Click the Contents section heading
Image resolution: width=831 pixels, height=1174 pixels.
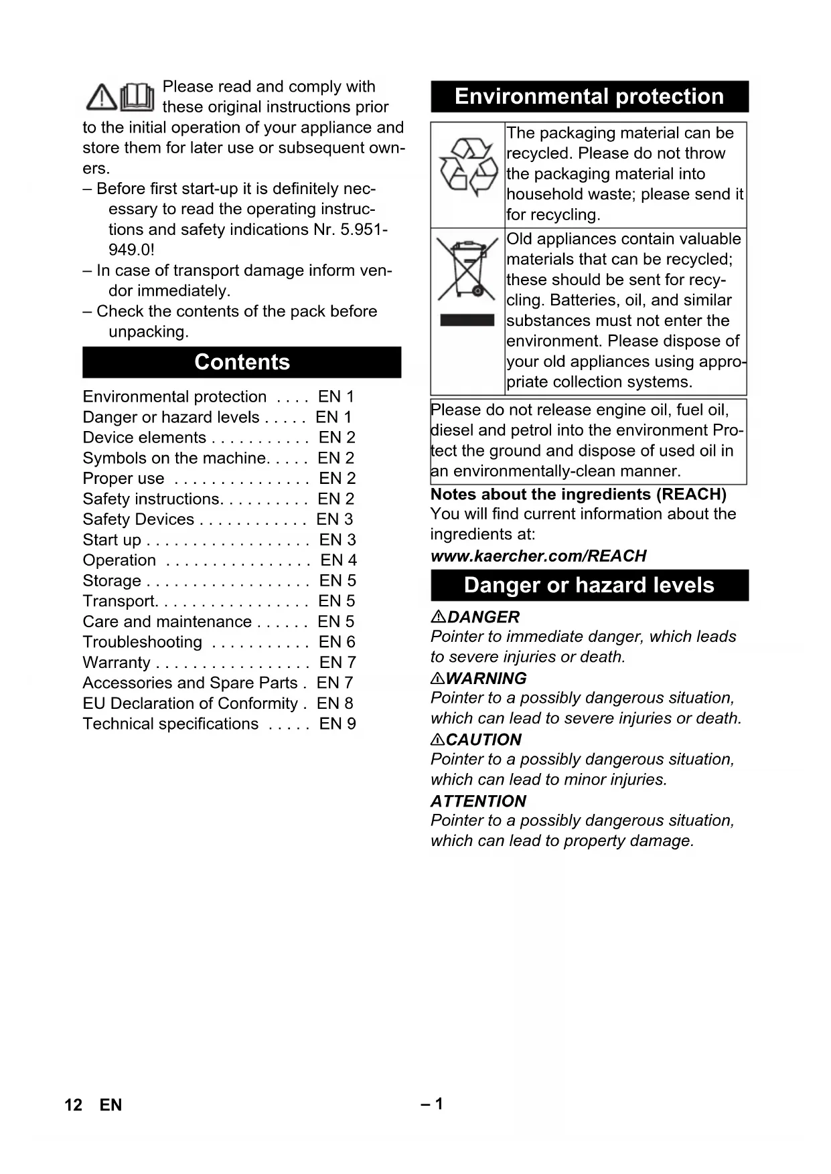(x=242, y=362)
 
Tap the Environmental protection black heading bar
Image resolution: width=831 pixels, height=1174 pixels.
(x=589, y=96)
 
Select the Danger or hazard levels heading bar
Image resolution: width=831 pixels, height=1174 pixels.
(x=589, y=585)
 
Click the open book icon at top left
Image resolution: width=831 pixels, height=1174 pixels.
(x=137, y=97)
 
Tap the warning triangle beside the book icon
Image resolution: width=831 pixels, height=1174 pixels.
(x=102, y=98)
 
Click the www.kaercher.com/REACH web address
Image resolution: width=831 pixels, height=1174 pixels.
(x=538, y=556)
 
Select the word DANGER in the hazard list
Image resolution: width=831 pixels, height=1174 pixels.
(x=483, y=617)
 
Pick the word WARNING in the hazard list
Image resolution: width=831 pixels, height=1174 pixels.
(x=486, y=678)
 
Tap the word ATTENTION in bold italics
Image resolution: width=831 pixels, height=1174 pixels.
(x=478, y=801)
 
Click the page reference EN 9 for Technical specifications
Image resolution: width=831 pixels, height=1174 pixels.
(x=337, y=724)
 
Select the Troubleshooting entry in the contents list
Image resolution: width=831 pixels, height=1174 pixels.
(x=142, y=642)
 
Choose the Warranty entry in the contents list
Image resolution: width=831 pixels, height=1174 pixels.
(x=117, y=663)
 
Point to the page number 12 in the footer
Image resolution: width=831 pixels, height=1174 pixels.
(x=73, y=1104)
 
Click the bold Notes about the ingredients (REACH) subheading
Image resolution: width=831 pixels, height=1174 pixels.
(x=578, y=494)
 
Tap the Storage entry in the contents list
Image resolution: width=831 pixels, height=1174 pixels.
(x=112, y=581)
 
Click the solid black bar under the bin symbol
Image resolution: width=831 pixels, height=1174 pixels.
(x=467, y=320)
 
